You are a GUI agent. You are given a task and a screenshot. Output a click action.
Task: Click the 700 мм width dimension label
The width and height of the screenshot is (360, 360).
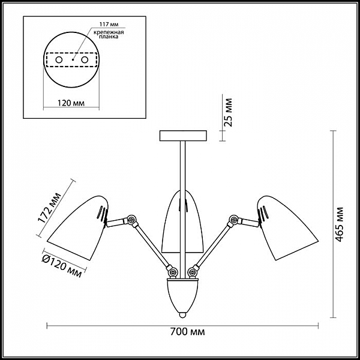(x=187, y=332)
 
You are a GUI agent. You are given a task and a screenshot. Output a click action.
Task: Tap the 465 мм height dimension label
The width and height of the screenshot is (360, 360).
(x=339, y=224)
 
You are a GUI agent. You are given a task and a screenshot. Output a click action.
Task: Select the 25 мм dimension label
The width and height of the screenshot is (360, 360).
(x=228, y=113)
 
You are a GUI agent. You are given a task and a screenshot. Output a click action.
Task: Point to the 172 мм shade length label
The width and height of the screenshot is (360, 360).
(x=49, y=208)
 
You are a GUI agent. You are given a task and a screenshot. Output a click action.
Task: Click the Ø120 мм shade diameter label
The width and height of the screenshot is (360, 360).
(x=62, y=266)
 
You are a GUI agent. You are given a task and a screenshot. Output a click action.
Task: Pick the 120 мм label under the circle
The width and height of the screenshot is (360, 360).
(x=71, y=103)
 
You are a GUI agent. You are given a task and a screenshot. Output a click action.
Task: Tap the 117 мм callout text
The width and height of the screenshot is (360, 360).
(x=109, y=25)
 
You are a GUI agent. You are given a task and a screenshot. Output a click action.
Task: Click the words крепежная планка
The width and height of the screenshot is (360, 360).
(x=109, y=34)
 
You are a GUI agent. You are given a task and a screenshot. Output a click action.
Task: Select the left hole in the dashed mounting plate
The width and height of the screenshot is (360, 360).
(x=59, y=60)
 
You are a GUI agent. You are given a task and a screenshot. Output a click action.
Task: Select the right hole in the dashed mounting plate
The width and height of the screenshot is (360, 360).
(x=85, y=60)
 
